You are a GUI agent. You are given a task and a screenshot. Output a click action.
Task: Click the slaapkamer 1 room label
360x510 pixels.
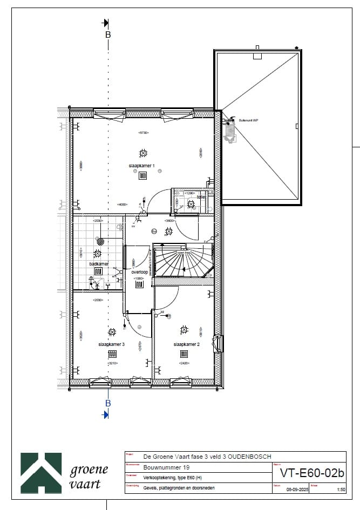coord(142,166)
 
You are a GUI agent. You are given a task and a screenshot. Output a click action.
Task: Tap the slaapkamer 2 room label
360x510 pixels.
coord(187,344)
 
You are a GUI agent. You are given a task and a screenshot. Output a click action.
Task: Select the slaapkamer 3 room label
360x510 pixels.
coord(112,344)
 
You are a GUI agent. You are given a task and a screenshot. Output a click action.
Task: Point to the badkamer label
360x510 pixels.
coord(99,264)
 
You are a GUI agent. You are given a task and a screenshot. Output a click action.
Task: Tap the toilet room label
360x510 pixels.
coord(201,198)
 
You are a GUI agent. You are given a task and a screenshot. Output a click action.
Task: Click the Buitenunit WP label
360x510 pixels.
coord(249,121)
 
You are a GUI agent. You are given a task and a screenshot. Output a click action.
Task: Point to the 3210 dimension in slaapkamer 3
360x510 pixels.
coord(112,364)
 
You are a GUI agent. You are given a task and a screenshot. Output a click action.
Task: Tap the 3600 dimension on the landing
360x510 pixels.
coord(168,220)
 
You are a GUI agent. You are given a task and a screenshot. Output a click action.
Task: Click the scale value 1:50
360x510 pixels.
coord(341,490)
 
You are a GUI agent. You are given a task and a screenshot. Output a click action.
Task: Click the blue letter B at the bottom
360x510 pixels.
coord(108,403)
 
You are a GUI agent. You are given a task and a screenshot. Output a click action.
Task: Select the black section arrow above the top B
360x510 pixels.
coord(106,23)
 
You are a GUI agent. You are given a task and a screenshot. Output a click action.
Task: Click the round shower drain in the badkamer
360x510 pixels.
coord(100,241)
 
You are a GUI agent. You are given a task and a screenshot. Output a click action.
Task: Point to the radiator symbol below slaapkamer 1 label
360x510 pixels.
coord(143,175)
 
